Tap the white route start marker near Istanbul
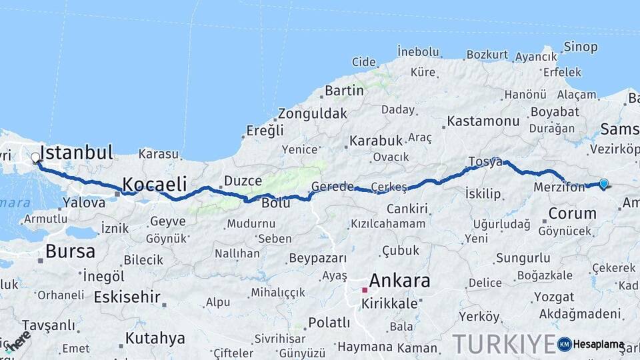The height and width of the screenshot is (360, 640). pyautogui.click(x=35, y=158)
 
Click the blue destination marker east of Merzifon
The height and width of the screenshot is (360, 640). pyautogui.click(x=604, y=183)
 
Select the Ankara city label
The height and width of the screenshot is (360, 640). pyautogui.click(x=399, y=281)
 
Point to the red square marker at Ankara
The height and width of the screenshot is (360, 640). pyautogui.click(x=365, y=290)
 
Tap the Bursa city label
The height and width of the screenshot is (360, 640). pyautogui.click(x=70, y=251)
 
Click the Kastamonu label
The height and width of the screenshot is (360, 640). pyautogui.click(x=483, y=121)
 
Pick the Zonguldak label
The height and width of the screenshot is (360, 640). pyautogui.click(x=312, y=113)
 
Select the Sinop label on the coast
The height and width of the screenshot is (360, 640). pyautogui.click(x=580, y=47)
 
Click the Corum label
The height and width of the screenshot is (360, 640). pyautogui.click(x=572, y=213)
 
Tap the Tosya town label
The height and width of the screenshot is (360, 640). pyautogui.click(x=485, y=162)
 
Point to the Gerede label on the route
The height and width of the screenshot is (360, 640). pyautogui.click(x=333, y=187)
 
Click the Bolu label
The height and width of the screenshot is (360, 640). pyautogui.click(x=275, y=203)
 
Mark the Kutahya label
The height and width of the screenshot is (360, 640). pyautogui.click(x=155, y=338)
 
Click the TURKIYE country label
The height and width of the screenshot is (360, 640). pyautogui.click(x=504, y=344)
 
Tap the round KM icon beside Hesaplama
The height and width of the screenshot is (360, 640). pyautogui.click(x=564, y=344)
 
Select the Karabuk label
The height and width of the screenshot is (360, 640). pyautogui.click(x=376, y=141)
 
